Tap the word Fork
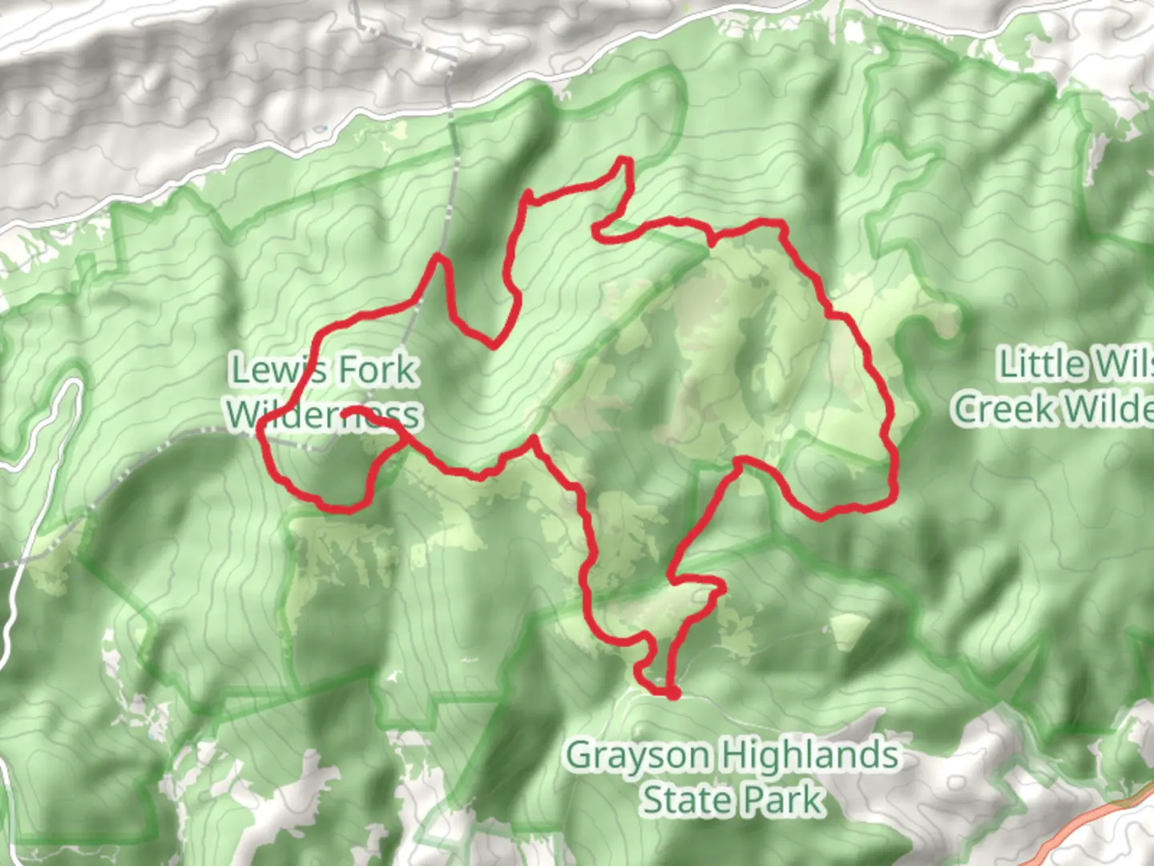click(x=377, y=370)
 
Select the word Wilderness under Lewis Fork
click(x=322, y=415)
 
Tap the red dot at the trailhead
click(x=673, y=693)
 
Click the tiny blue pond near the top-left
click(x=321, y=128)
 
